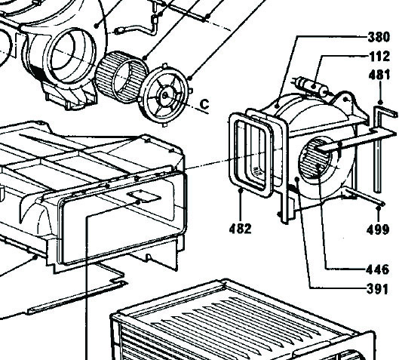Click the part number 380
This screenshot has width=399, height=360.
(379, 37)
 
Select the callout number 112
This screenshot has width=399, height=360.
(379, 57)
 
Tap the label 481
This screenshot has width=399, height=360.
(379, 75)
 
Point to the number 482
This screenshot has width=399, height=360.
(240, 229)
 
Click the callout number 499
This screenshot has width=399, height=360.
(378, 229)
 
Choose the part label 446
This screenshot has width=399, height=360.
(378, 269)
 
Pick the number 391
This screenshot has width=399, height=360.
(378, 289)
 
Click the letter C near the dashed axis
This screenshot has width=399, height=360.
(204, 104)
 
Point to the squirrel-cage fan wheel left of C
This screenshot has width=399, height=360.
(121, 77)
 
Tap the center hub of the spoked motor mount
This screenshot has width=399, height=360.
(165, 96)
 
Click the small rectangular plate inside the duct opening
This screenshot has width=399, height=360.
(144, 196)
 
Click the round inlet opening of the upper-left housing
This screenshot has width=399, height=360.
(73, 54)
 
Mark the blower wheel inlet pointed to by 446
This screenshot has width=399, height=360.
(316, 158)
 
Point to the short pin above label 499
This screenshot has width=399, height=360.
(364, 196)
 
